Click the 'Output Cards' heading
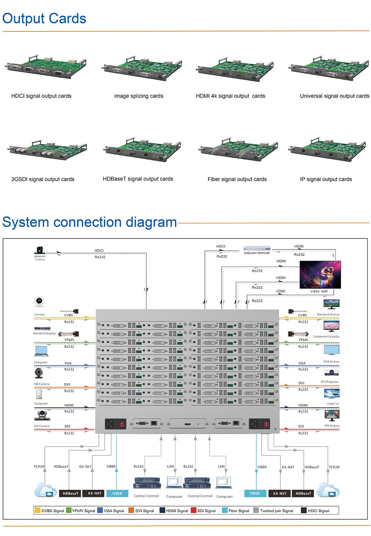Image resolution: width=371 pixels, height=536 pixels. coord(44,19)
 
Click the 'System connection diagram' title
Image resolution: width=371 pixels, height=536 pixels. coord(90,222)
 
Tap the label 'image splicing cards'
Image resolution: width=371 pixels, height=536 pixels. coord(139,96)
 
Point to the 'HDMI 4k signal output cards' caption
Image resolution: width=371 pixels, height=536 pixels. coord(230,96)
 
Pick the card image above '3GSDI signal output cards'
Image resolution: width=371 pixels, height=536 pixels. coord(47,150)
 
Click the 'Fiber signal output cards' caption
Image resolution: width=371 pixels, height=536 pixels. coord(237,179)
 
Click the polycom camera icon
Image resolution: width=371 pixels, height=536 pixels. coord(40,250)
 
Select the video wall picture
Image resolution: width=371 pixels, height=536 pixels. coord(320,275)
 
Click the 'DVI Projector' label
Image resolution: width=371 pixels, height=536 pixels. coord(330,382)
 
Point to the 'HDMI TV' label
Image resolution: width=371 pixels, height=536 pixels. coord(333,404)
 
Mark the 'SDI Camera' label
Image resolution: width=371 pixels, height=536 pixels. coord(42,426)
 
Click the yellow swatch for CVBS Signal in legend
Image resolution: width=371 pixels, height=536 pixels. coord(37,510)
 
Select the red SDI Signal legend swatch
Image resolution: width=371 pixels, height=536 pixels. coord(193,510)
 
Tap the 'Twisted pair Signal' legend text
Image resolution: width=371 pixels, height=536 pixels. coord(276,511)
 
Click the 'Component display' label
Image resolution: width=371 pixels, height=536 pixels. coord(326,337)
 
